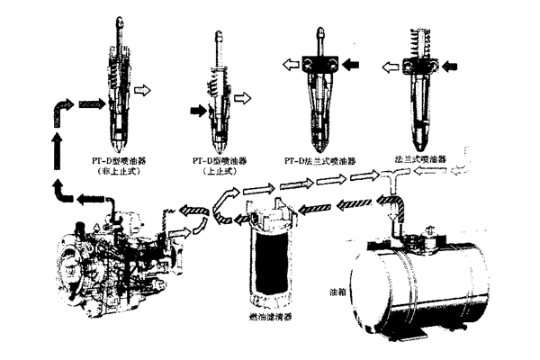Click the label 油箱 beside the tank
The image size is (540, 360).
[x=339, y=293]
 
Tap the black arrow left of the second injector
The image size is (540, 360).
[x=195, y=113]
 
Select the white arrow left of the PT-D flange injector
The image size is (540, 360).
[x=288, y=64]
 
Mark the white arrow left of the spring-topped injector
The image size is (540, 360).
[x=389, y=65]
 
